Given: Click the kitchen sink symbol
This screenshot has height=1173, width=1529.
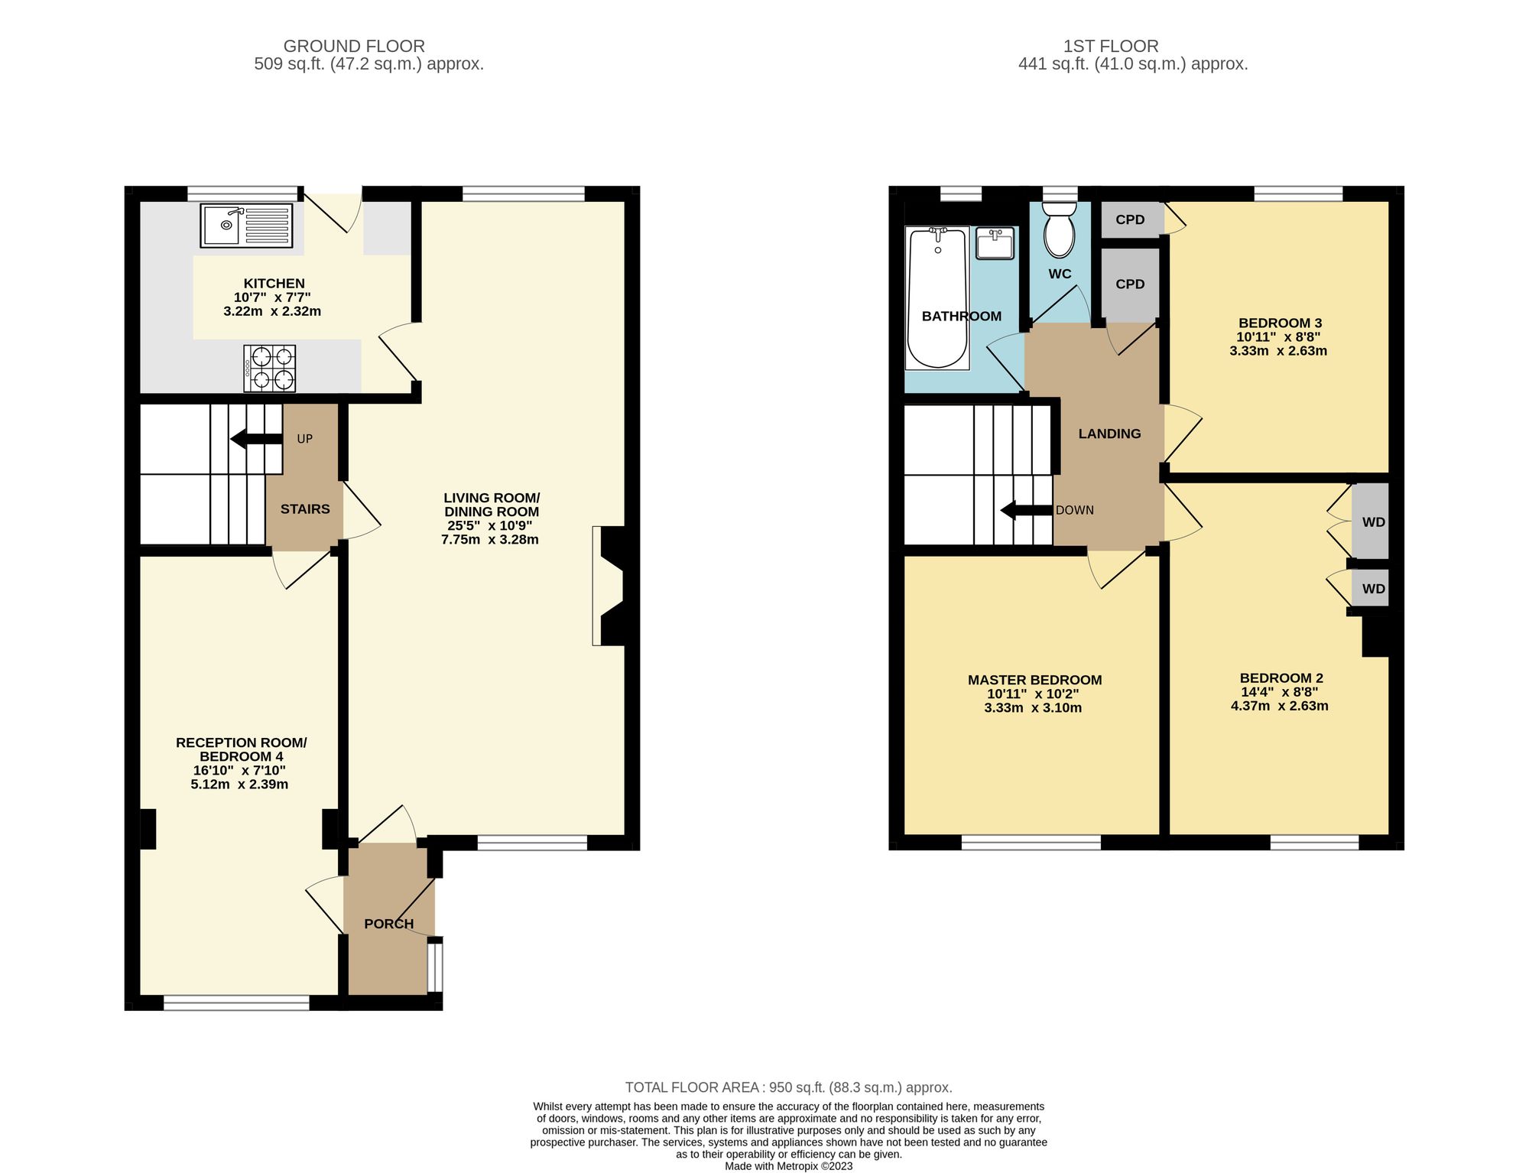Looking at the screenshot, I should pos(246,226).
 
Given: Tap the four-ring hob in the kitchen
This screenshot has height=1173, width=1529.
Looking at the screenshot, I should pos(270,369).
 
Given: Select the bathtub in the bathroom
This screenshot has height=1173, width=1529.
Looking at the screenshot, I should pos(937,298).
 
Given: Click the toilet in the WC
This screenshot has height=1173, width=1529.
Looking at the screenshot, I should pos(1059,229).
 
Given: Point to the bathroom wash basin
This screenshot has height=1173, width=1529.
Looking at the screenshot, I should pos(995,243).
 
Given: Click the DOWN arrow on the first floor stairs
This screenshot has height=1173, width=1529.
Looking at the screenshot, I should pos(1027,510).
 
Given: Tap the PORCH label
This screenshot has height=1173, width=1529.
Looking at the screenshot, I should pos(388,924).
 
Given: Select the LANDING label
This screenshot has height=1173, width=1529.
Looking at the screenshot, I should pos(1109,434).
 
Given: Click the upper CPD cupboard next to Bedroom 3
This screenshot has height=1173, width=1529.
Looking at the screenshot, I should pos(1130,220).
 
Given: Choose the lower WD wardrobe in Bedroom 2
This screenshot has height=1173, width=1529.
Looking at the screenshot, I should pos(1373,589).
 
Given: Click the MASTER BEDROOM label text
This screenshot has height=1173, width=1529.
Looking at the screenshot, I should pos(1034,680).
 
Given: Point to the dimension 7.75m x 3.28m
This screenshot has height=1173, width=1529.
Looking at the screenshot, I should pos(489,540).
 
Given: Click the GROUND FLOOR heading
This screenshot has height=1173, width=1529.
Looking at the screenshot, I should pos(354,46).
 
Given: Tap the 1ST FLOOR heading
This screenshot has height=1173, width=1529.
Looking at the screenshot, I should pos(1110,46).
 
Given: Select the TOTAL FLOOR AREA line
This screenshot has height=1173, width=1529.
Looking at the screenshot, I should pos(788,1087).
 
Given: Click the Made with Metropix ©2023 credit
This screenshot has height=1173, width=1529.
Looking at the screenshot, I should pos(788,1166).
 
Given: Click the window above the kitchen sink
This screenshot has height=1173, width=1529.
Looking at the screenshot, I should pos(243,193).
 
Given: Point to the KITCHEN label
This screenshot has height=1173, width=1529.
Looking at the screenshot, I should pos(274,284).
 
